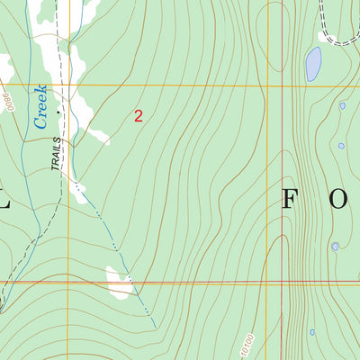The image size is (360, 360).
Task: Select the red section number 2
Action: click(x=138, y=115)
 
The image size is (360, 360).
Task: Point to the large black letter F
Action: click(x=290, y=200)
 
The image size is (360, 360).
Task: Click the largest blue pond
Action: click(x=312, y=64)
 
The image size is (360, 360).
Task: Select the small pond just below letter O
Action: click(x=335, y=246)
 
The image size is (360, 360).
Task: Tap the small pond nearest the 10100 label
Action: click(x=312, y=332)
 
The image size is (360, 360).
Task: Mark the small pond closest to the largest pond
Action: click(x=342, y=106)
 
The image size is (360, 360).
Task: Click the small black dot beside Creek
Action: click(x=60, y=112)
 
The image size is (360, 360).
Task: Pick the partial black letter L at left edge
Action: click(x=4, y=200)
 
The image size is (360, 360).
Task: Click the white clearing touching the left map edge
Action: click(x=5, y=67)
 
